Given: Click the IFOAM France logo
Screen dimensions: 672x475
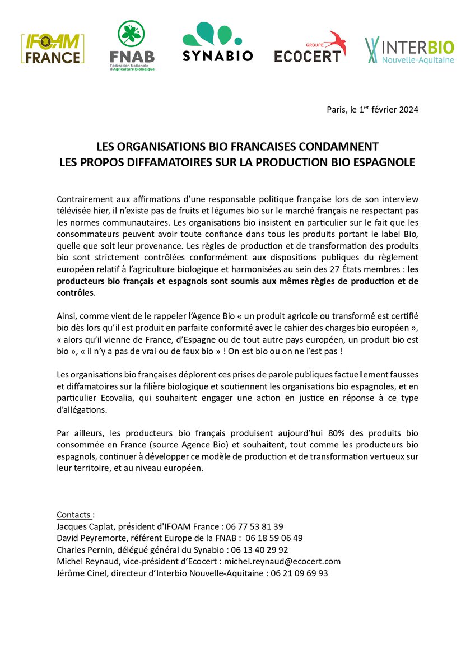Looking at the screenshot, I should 53,49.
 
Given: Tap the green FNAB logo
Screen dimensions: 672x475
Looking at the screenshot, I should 132,46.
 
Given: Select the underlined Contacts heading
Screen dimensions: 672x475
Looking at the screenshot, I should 76,515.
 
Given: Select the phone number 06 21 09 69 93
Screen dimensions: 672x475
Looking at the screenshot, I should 300,573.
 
